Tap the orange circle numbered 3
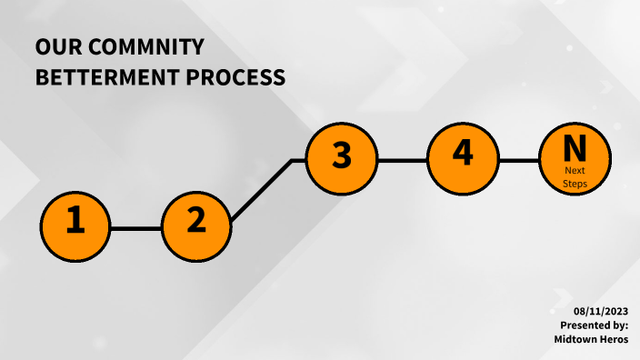click(341, 158)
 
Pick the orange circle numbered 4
click(463, 155)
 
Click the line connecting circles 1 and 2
click(136, 228)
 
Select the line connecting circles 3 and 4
click(402, 161)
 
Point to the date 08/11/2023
click(601, 311)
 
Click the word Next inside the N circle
click(575, 171)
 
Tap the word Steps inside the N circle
click(575, 184)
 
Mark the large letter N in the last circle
click(575, 147)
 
